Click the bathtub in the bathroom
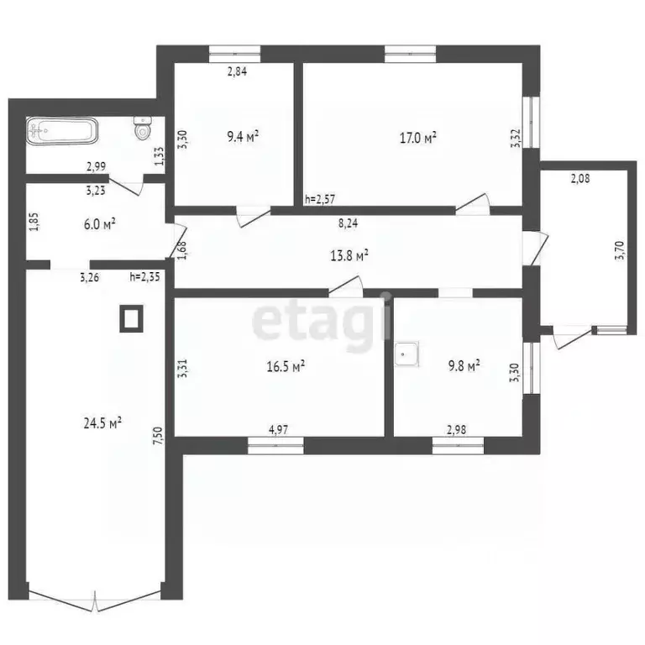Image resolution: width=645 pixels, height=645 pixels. pos(63,131)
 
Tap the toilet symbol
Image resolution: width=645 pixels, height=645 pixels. pos(143,129)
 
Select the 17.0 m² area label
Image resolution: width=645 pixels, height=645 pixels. pos(417,137)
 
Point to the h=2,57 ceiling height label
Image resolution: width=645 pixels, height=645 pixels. pos(320,199)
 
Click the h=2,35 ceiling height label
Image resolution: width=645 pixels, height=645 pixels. pos(144,275)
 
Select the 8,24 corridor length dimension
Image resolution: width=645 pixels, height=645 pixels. pos(346,224)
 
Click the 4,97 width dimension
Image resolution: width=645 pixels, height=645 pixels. pos(278,430)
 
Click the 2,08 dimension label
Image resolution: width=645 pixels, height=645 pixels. pos(579,178)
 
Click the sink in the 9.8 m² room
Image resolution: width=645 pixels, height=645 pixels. pos(406,354)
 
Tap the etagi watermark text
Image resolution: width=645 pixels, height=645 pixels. pos(323,319)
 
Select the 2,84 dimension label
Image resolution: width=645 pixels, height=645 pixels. pos(238,71)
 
